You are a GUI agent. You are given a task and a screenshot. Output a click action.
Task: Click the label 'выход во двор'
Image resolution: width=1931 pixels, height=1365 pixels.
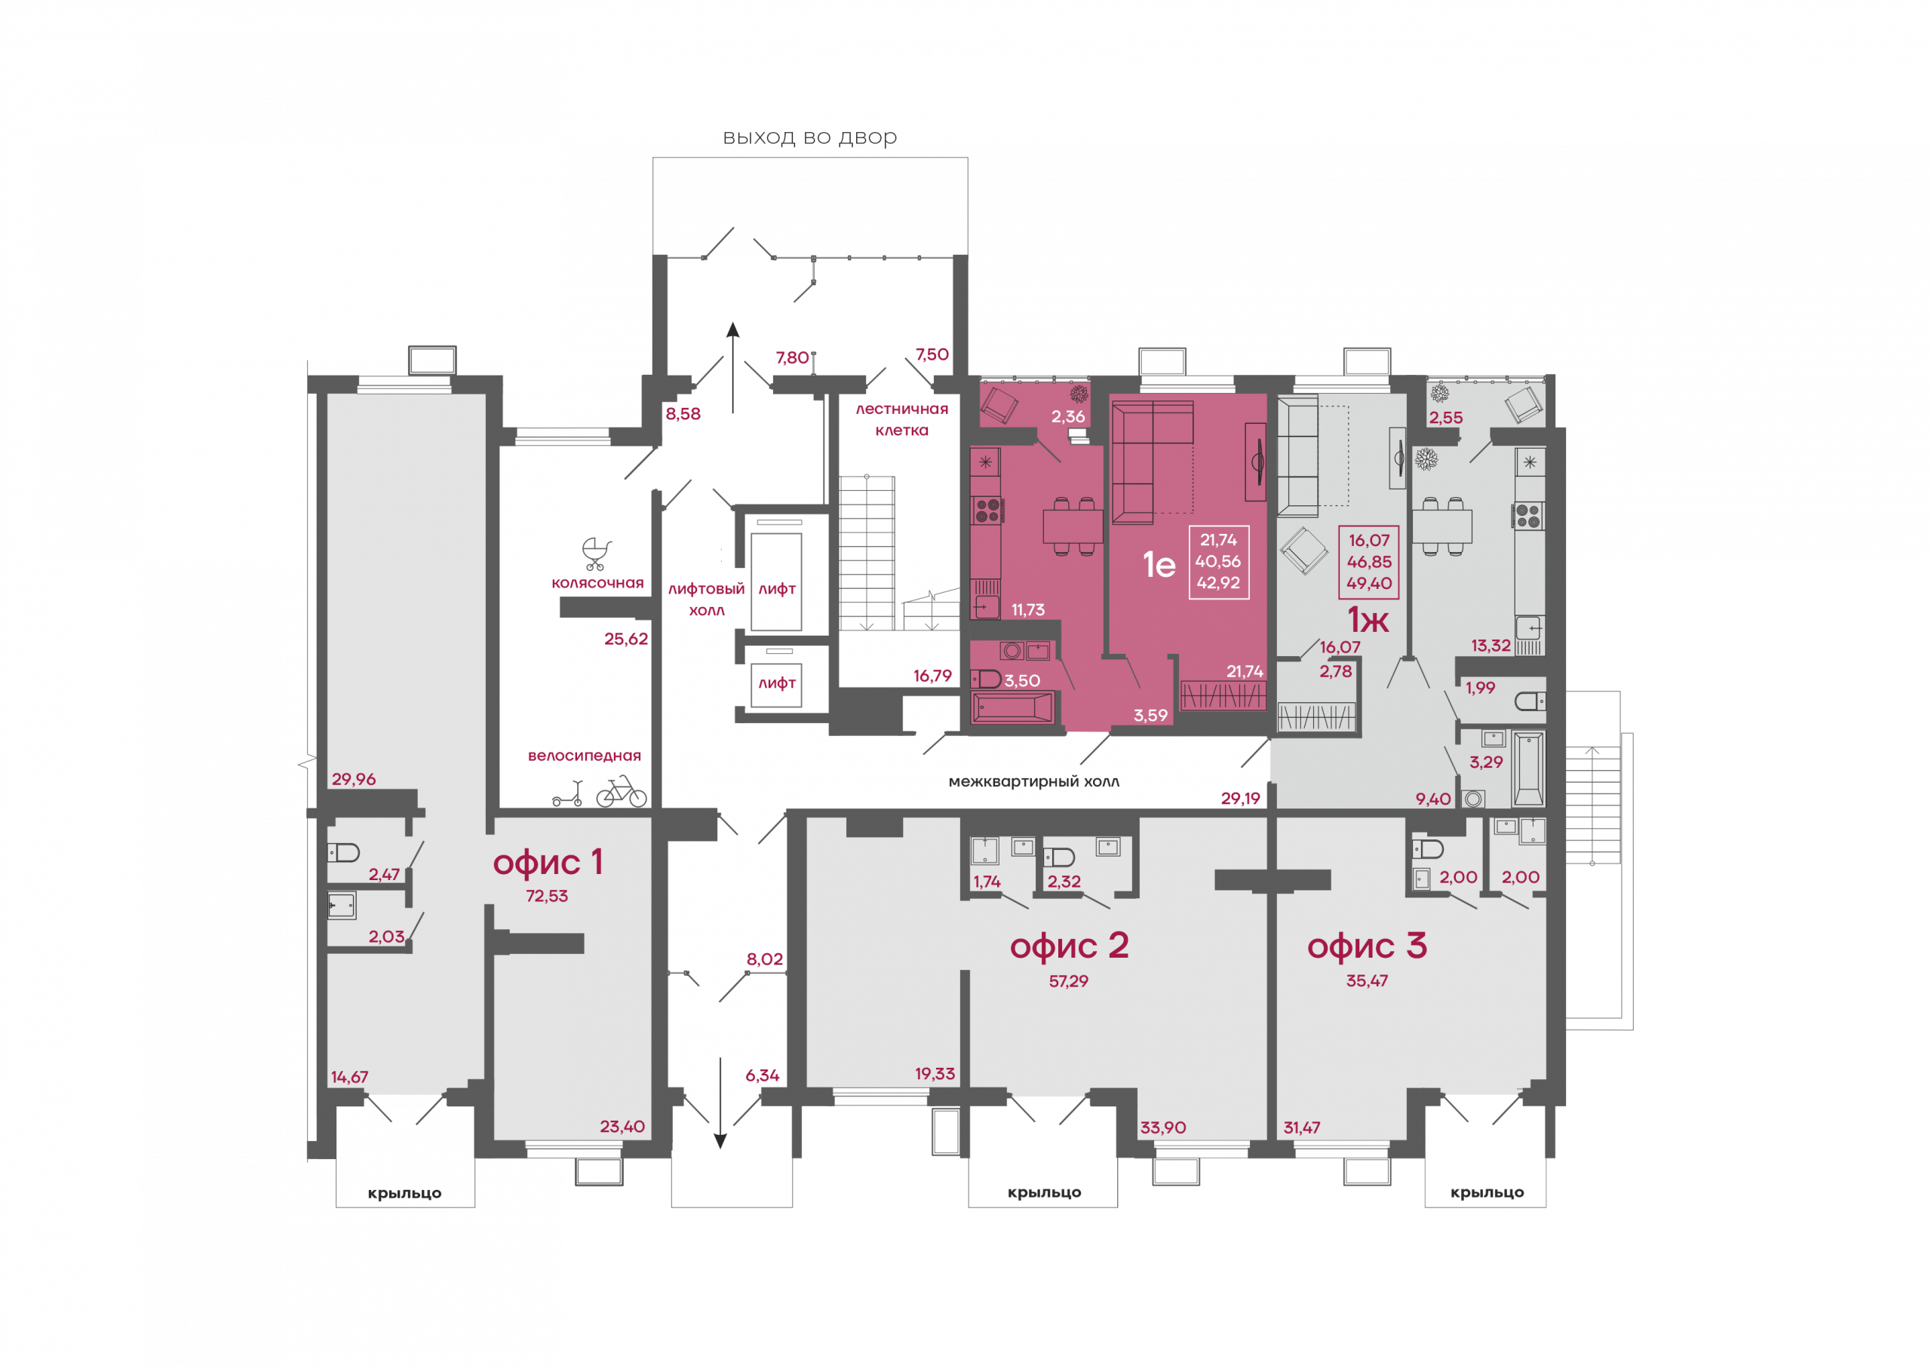809,137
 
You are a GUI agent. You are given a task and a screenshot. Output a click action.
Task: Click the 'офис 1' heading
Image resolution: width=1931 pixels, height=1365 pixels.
548,863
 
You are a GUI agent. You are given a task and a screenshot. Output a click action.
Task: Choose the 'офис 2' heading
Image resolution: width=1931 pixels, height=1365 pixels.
1069,946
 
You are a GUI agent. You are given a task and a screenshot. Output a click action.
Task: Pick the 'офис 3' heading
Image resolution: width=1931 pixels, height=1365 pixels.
1367,946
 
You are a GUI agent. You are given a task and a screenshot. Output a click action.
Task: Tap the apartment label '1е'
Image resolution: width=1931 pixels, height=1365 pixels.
1159,563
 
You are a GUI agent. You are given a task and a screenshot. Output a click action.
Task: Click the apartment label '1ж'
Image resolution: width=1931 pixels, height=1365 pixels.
1368,620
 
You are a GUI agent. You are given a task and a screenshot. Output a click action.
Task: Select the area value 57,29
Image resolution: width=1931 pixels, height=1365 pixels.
1068,981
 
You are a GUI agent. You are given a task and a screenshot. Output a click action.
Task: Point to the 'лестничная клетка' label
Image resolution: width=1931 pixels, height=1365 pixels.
901,419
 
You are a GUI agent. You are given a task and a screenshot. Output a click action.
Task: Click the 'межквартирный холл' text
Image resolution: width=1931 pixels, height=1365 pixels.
1033,782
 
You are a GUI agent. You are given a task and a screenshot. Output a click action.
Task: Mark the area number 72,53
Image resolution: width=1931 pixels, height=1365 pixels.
547,897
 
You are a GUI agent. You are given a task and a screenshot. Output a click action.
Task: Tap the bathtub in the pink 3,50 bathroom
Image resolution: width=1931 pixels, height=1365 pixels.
1012,707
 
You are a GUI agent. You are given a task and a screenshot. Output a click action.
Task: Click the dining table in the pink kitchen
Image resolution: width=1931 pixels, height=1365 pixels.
1073,526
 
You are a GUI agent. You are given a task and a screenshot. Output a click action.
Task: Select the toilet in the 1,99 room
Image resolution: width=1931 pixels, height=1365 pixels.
1530,701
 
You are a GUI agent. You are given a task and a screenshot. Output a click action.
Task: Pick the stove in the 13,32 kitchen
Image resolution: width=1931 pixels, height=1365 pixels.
1529,516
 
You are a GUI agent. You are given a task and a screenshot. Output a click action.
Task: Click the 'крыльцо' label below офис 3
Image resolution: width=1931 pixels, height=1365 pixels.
1487,1193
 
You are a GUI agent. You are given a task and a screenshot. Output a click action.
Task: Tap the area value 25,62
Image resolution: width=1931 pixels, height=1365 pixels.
626,640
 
